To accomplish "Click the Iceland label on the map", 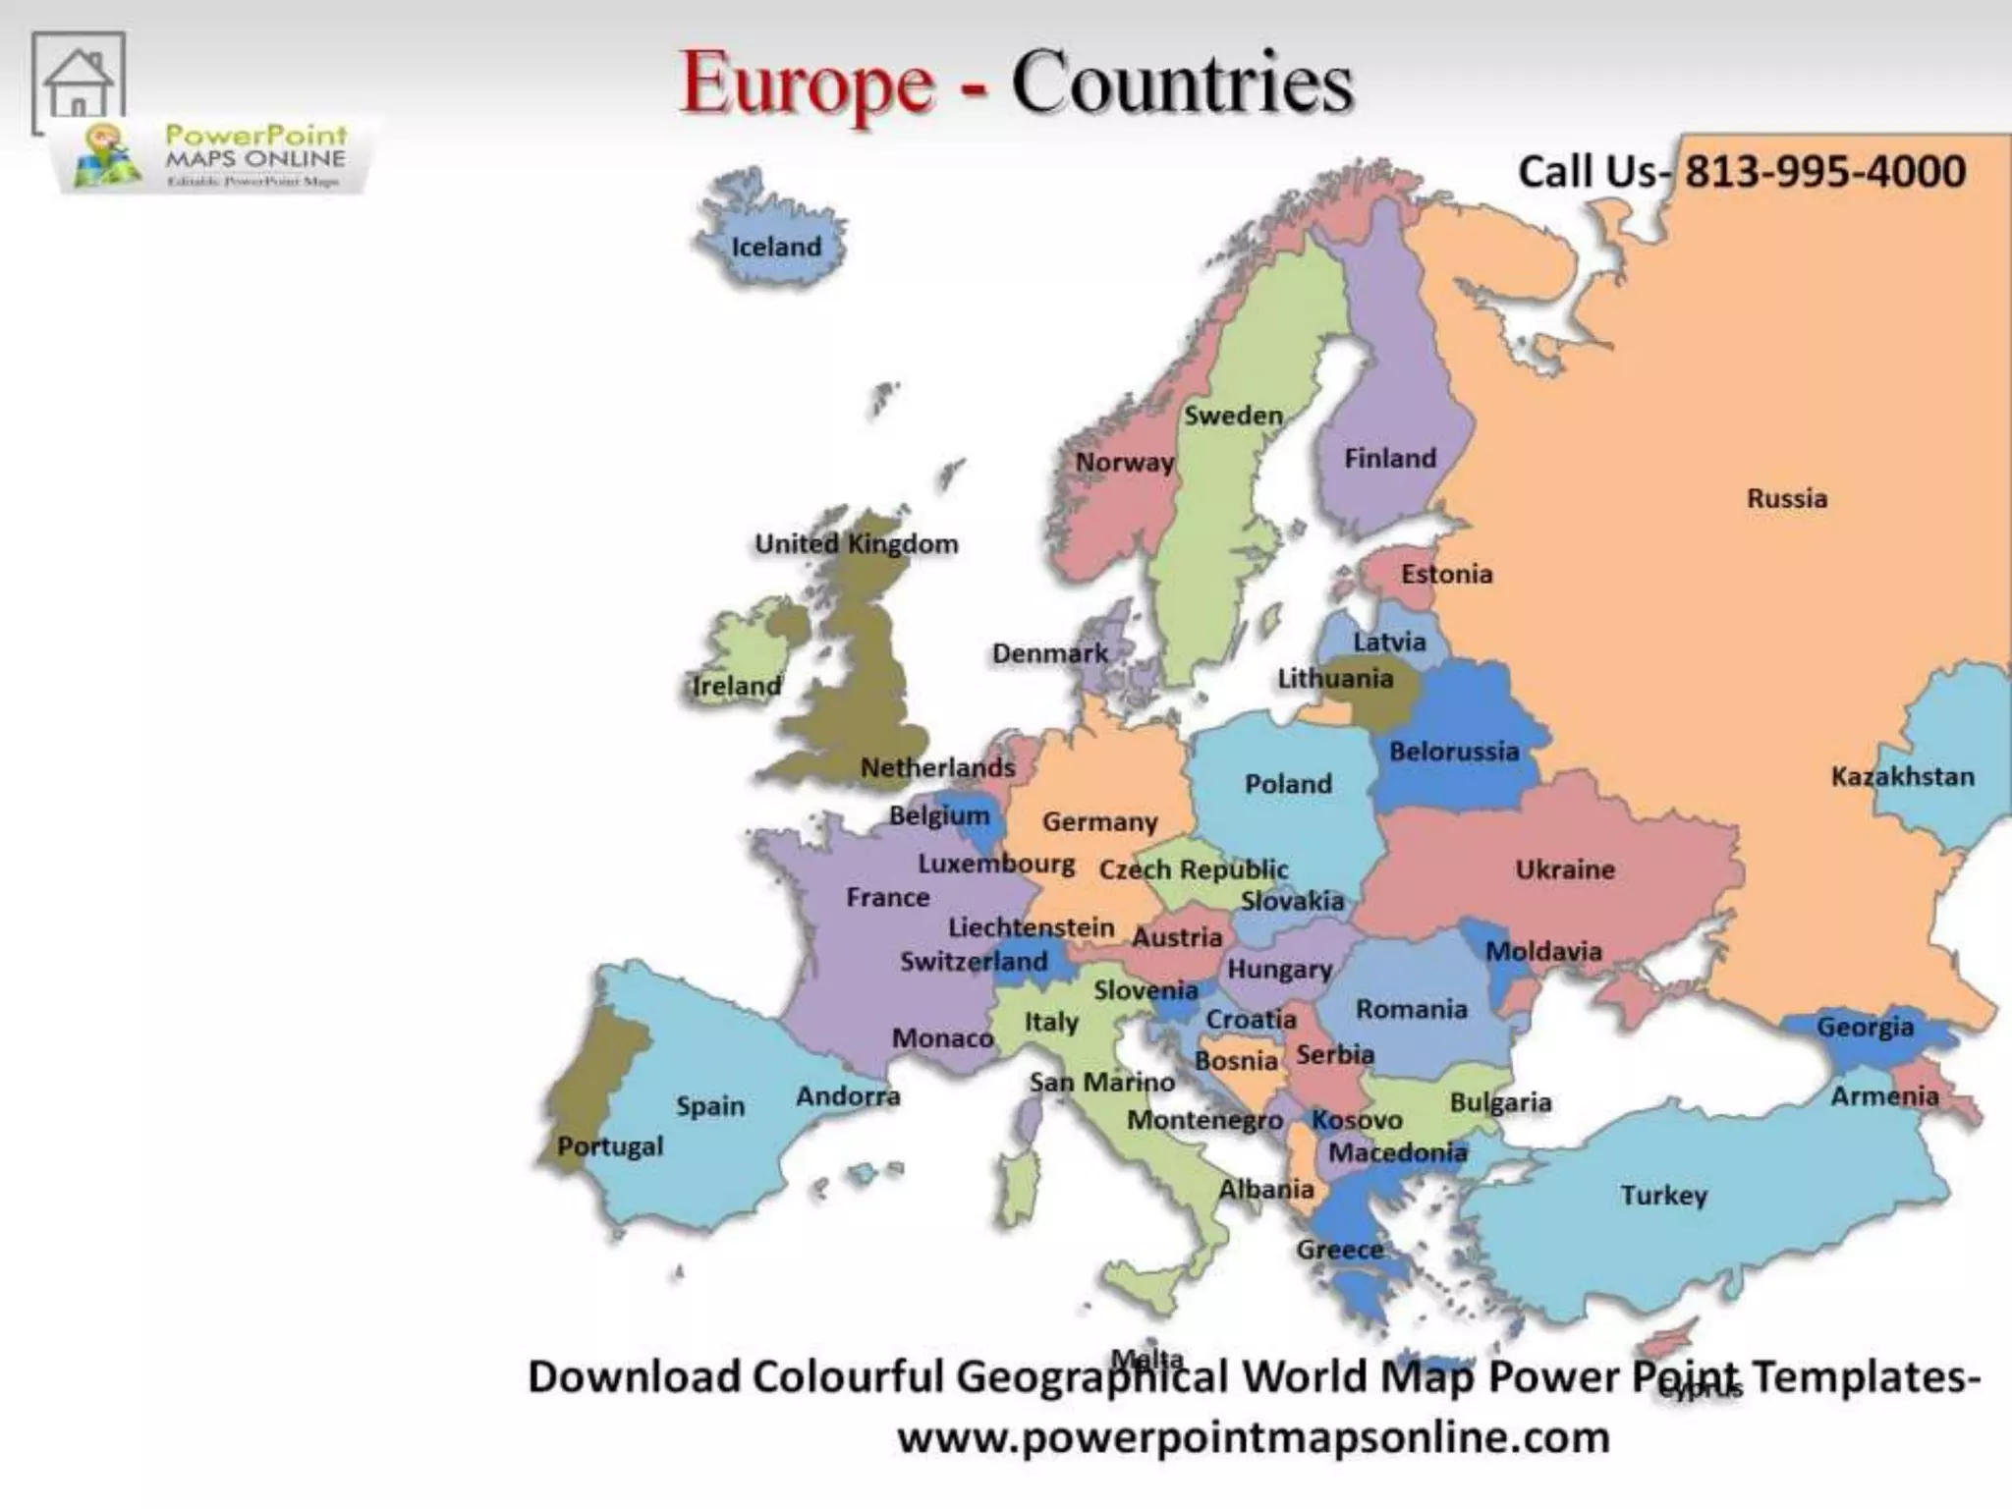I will tap(775, 247).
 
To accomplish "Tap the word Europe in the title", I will tap(807, 84).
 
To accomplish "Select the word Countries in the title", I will tap(1182, 84).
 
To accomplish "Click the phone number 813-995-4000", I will tap(1825, 172).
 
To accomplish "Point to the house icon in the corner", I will tap(79, 83).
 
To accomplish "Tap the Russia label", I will tap(1786, 498).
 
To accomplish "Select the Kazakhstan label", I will tap(1902, 776).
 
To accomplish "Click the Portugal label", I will tap(610, 1146).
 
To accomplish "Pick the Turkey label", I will tap(1663, 1195).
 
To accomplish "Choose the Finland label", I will tap(1389, 458).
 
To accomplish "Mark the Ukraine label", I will tap(1564, 868).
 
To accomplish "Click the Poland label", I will tap(1288, 783).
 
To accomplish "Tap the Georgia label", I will tap(1865, 1027).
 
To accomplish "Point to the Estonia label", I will tap(1446, 574).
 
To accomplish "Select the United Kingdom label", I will tap(856, 543).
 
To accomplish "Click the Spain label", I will tap(709, 1106).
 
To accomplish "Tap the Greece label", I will tap(1339, 1250).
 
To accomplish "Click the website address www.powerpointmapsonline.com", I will tap(1254, 1437).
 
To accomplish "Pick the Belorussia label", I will tap(1453, 752).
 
